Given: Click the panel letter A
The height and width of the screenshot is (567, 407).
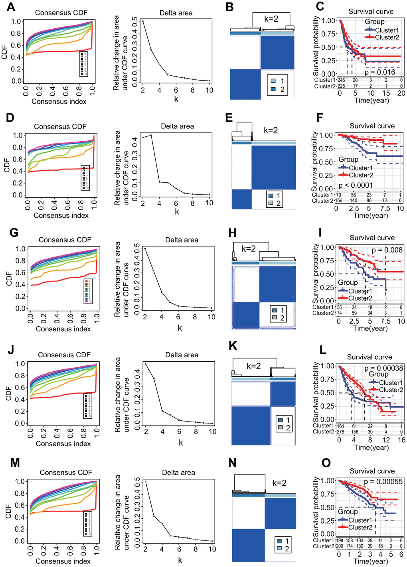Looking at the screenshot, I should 11,7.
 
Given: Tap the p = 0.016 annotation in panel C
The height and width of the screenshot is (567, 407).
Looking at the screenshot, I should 379,72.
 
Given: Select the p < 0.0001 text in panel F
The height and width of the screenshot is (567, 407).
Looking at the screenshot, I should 356,185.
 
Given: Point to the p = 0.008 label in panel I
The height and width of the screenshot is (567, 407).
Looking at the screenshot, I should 387,250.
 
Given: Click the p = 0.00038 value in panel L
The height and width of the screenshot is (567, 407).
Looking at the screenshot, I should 383,368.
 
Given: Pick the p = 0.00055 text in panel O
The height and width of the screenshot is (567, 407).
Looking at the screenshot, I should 383,482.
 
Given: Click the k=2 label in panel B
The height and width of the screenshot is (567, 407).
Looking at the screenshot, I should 271,19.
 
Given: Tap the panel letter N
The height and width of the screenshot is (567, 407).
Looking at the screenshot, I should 232,463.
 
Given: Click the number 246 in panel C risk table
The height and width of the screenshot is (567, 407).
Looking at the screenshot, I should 341,80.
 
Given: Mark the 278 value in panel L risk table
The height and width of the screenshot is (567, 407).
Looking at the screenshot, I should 340,431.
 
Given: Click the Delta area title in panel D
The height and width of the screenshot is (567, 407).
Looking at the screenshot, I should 177,126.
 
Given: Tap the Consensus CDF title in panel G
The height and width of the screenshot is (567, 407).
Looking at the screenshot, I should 65,240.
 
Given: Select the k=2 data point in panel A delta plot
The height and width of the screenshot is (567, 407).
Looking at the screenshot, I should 143,21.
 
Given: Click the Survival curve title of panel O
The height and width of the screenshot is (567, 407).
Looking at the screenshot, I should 372,471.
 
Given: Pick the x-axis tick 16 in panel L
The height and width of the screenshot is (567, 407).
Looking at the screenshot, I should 401,440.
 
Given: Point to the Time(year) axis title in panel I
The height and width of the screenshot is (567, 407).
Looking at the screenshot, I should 370,328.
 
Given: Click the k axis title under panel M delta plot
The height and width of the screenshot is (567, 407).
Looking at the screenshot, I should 180,560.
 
